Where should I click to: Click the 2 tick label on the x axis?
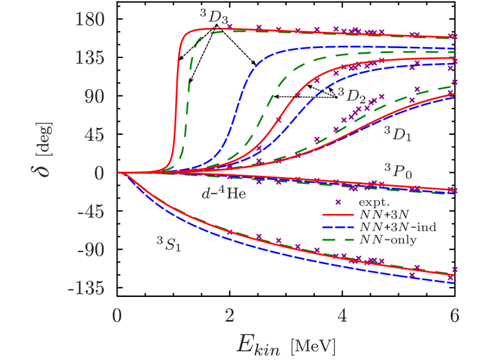[229, 315]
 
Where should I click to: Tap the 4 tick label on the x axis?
[342, 315]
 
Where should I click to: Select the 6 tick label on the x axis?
[454, 315]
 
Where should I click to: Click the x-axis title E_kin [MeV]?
[286, 344]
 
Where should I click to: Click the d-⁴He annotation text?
[223, 193]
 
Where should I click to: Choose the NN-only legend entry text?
[391, 239]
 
